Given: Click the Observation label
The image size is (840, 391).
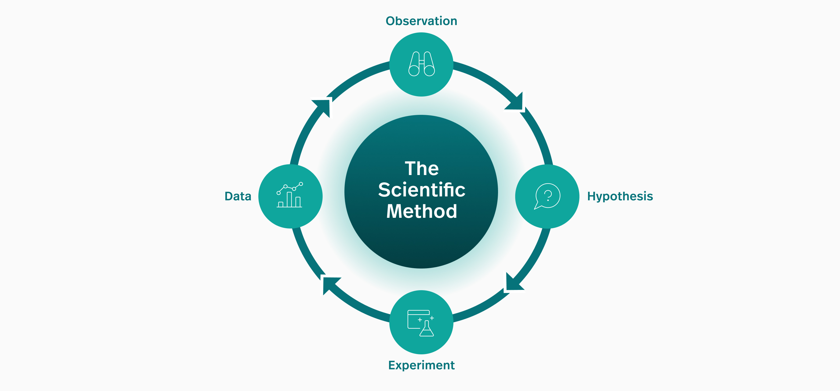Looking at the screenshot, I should pyautogui.click(x=421, y=21).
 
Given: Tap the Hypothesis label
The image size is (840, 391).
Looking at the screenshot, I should pyautogui.click(x=620, y=196).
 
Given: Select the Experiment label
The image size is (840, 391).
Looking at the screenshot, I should pyautogui.click(x=421, y=365).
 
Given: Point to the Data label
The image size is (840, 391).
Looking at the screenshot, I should pyautogui.click(x=238, y=196).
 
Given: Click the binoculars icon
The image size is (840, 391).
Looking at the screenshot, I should pyautogui.click(x=421, y=64).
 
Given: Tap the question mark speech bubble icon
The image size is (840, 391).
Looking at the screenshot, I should pyautogui.click(x=547, y=196).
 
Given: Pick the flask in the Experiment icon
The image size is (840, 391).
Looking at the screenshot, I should pyautogui.click(x=427, y=329).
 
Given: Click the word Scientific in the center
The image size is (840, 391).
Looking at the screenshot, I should pyautogui.click(x=421, y=190).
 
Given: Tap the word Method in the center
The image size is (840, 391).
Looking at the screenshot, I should pyautogui.click(x=421, y=211).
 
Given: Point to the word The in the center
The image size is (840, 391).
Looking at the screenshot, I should pyautogui.click(x=421, y=169).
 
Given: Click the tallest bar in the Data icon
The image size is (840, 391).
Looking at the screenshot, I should pyautogui.click(x=289, y=199).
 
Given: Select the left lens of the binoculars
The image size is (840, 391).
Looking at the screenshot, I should pyautogui.click(x=414, y=71).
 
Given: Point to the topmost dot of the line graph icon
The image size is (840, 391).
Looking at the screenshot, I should pyautogui.click(x=301, y=184).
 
